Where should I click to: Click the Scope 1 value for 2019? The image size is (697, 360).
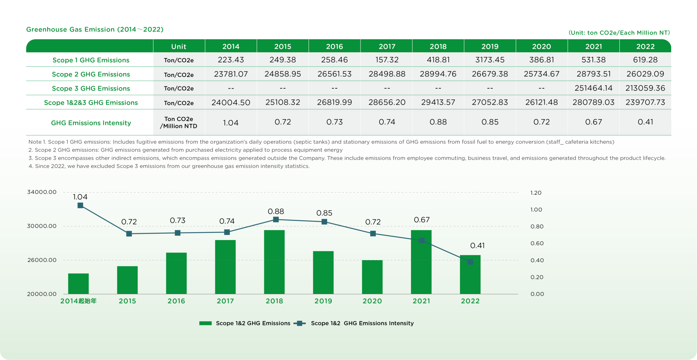490,60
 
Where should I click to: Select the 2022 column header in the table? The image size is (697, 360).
645,46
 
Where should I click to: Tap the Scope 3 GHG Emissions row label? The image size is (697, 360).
91,88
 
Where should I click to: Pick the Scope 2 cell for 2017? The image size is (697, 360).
387,74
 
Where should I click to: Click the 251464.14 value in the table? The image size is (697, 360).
593,88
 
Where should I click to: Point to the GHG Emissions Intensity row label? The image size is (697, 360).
91,123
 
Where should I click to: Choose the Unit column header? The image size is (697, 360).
179,46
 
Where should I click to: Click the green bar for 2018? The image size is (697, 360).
274,262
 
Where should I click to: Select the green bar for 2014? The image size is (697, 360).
78,283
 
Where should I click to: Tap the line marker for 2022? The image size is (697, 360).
470,262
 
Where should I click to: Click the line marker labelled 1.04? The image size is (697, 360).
80,206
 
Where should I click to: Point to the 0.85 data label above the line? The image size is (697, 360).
324,213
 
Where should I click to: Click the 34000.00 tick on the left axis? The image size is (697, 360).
42,192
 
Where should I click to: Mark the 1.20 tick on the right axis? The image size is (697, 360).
536,193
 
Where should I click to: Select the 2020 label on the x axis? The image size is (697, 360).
372,301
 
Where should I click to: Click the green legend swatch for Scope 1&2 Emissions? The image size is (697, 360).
205,323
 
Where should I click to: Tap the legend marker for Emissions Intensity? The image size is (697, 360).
299,323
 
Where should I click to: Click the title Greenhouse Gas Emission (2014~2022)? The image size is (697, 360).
95,29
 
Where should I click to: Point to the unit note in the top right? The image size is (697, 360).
619,33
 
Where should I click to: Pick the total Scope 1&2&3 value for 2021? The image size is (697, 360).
593,102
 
